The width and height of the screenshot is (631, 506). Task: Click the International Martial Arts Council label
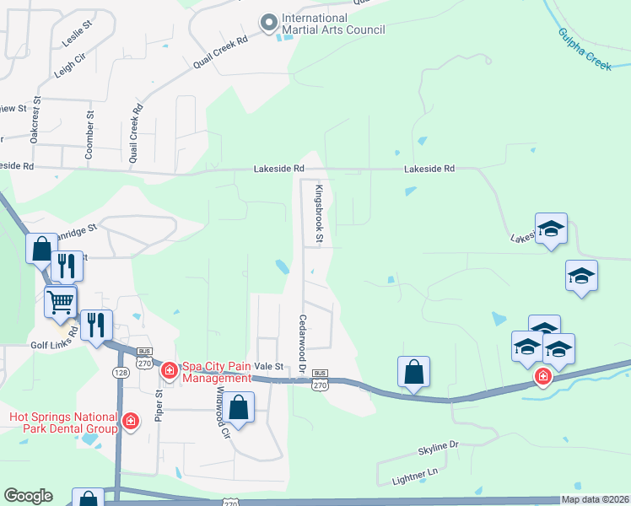click(332, 24)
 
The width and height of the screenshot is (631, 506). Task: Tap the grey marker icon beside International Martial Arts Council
click(269, 24)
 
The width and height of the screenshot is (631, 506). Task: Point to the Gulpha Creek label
click(585, 49)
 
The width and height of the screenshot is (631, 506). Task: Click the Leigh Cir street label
click(69, 67)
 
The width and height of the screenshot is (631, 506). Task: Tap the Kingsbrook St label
click(319, 214)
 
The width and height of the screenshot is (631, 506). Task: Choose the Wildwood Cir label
click(222, 412)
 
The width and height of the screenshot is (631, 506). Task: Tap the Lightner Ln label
click(417, 475)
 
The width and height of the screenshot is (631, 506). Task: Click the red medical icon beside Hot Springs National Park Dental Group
click(131, 420)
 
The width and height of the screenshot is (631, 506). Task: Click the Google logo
click(28, 496)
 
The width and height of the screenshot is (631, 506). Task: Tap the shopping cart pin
click(61, 300)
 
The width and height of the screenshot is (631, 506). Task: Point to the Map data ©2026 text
click(594, 499)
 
